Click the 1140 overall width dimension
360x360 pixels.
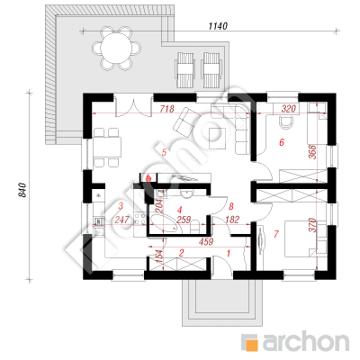[x=218, y=26]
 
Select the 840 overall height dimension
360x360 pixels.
[x=22, y=190]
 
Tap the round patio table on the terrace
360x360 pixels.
[x=116, y=48]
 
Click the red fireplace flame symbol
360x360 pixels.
[x=148, y=178]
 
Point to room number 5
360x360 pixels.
[x=164, y=152]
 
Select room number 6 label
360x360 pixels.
[x=282, y=142]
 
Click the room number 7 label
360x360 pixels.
[x=276, y=234]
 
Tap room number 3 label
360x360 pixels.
[x=121, y=206]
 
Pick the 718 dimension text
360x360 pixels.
[x=166, y=109]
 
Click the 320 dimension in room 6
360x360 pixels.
[x=289, y=109]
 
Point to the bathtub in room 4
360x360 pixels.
[x=166, y=224]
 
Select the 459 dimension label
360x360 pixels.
[x=206, y=241]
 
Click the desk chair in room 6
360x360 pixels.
[x=287, y=122]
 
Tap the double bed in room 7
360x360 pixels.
[x=301, y=238]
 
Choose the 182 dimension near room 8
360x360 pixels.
[x=232, y=220]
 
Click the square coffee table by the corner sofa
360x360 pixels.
[x=217, y=138]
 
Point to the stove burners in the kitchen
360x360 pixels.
[x=140, y=218]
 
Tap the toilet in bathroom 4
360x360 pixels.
[x=195, y=227]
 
